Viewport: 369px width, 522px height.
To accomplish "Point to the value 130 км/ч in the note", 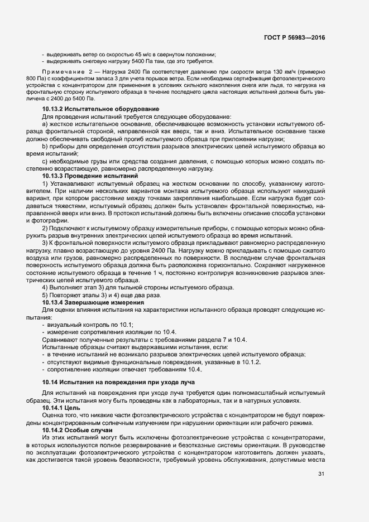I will tap(264, 73).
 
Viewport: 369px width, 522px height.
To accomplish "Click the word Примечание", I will tap(63, 73).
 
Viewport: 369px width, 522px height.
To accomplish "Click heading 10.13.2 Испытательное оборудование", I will tap(93, 108).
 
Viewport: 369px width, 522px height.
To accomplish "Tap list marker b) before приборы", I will tap(45, 146).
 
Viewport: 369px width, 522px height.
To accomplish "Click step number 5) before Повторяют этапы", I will tap(45, 294).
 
